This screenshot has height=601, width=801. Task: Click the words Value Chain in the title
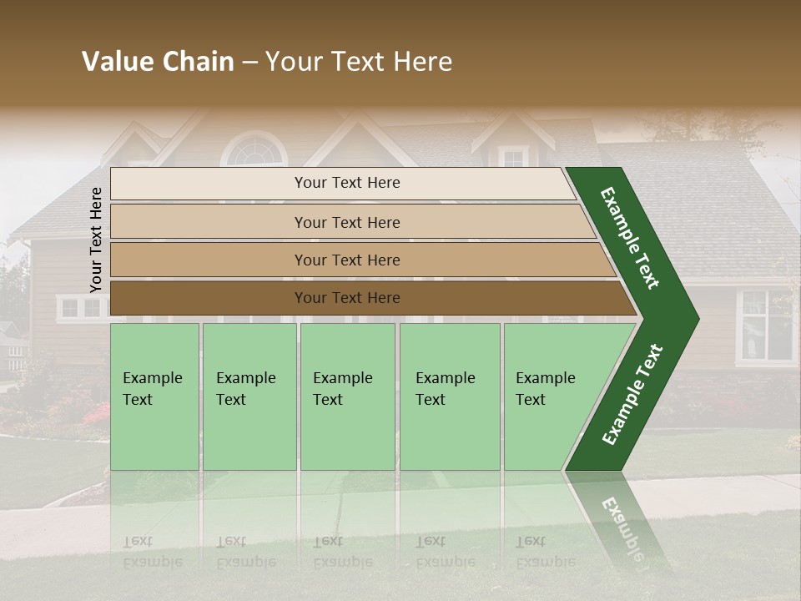tap(158, 62)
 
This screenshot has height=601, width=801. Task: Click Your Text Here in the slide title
tap(359, 62)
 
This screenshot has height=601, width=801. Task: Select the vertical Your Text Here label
tap(96, 240)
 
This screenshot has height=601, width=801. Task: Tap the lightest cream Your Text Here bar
tap(346, 183)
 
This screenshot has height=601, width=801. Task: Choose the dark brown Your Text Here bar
tap(346, 298)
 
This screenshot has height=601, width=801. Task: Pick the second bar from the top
tap(346, 222)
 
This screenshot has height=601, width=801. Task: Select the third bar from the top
tap(346, 260)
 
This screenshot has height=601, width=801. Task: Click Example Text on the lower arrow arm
tap(632, 395)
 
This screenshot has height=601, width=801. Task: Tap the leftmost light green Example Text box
tap(154, 396)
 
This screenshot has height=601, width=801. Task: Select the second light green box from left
tap(249, 396)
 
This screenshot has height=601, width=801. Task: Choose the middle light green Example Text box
tap(347, 396)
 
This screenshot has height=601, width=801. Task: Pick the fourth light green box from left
tap(449, 396)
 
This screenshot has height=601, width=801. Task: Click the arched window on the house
tap(254, 151)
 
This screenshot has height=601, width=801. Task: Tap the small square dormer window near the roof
tap(512, 157)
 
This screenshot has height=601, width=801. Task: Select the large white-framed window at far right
tap(766, 326)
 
